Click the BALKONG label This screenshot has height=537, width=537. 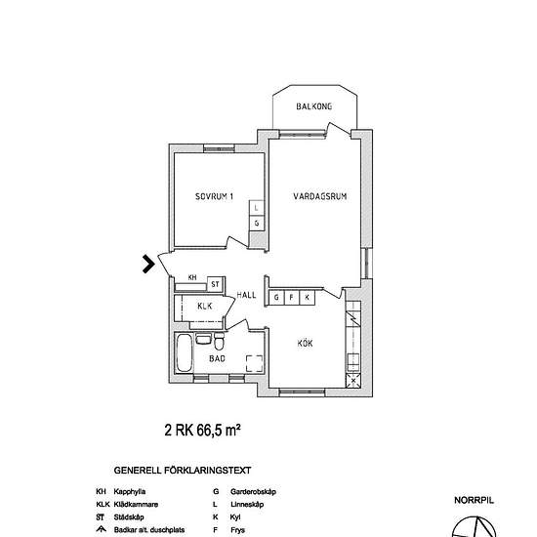tap(314, 106)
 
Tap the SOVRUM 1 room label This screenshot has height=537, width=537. tap(214, 196)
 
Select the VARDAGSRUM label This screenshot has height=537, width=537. tap(320, 196)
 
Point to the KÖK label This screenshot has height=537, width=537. tap(305, 343)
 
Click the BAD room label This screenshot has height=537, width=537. tap(217, 358)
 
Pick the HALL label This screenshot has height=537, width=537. tap(246, 295)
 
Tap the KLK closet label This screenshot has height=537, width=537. tap(205, 307)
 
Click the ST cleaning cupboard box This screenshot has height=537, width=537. tap(215, 284)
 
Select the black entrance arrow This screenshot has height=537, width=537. tap(148, 264)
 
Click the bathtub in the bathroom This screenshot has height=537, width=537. tap(184, 353)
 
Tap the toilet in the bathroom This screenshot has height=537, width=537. tap(219, 342)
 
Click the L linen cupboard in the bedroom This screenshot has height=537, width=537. tap(256, 208)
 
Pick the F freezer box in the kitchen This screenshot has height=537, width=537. tap(292, 297)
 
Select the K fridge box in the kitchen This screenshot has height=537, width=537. tap(308, 297)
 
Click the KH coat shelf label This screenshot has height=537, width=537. tap(192, 277)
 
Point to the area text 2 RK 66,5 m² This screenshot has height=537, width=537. tap(202, 431)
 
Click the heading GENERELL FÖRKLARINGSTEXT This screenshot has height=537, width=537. tap(183, 471)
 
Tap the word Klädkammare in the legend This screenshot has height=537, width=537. tap(136, 505)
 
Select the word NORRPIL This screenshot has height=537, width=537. tap(474, 500)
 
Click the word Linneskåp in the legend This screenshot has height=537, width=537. tap(247, 505)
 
